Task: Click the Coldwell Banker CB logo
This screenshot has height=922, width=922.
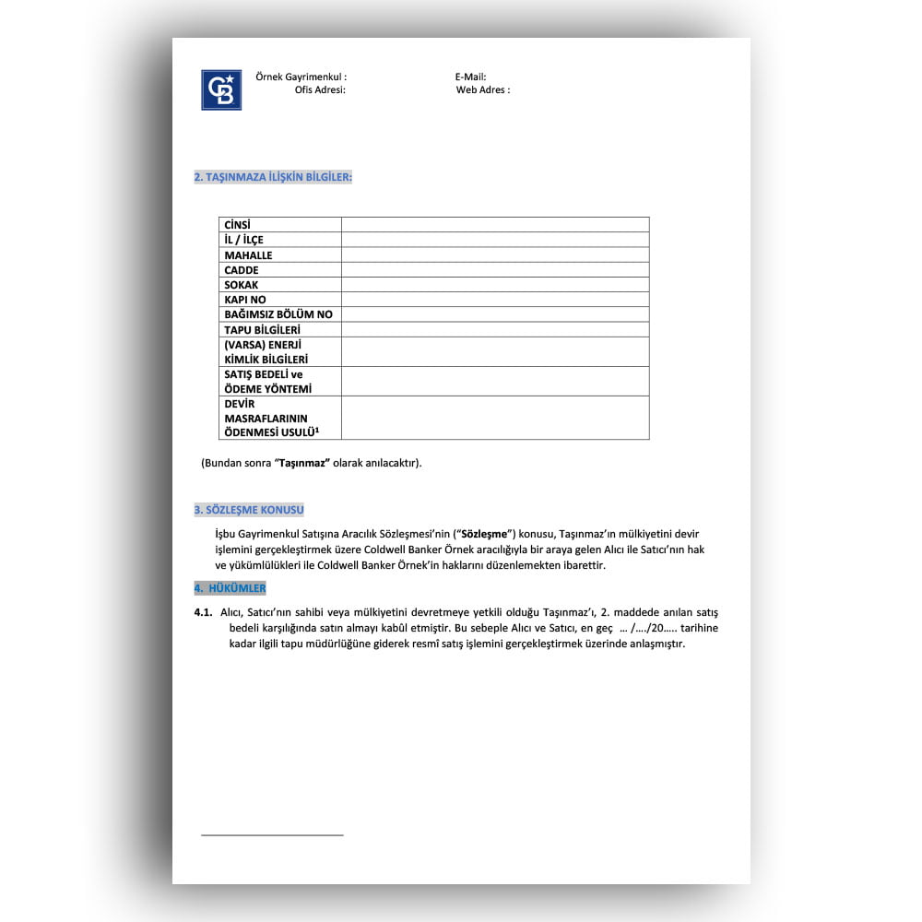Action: pos(221,90)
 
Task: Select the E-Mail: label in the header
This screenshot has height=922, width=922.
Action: pos(470,77)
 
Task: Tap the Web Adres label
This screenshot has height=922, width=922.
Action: pos(482,90)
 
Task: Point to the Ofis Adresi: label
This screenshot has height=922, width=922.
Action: pos(320,90)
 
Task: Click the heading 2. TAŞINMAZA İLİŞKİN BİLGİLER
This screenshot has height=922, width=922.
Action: pos(273,176)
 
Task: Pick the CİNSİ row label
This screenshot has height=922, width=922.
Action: pos(238,225)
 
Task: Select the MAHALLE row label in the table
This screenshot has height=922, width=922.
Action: pos(248,255)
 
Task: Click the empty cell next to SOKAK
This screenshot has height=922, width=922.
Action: pos(495,285)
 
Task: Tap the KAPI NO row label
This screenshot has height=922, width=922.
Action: pos(245,300)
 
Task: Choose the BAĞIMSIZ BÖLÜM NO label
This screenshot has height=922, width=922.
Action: pos(278,314)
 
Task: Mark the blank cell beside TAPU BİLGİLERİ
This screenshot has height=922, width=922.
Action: pos(495,329)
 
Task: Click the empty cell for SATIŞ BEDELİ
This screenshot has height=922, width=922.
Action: pos(495,381)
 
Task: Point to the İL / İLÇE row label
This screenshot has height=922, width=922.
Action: pos(244,240)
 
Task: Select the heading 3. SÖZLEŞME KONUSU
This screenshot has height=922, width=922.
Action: pos(249,510)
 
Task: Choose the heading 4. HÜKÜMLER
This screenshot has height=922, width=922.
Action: pos(230,588)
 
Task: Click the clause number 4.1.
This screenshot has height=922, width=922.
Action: pos(204,612)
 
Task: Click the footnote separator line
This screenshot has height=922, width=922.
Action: pos(272,835)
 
